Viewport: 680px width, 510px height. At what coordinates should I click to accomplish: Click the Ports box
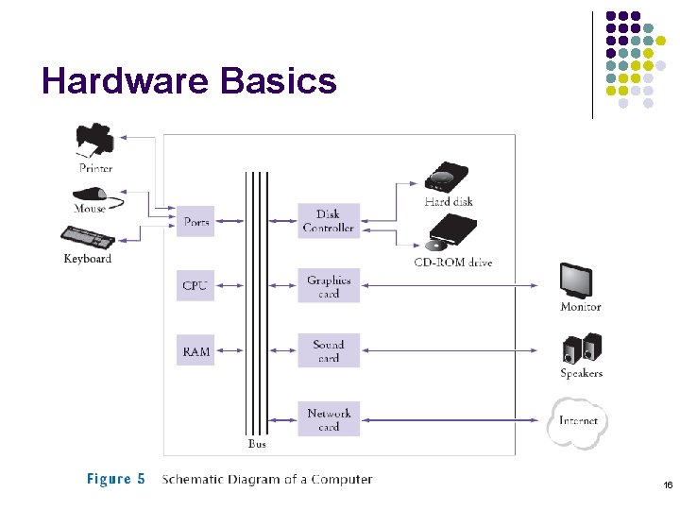(195, 221)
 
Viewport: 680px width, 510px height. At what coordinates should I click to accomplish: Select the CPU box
(195, 285)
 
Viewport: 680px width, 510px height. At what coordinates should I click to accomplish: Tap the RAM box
(195, 351)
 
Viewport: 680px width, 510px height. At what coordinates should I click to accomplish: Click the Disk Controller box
(329, 221)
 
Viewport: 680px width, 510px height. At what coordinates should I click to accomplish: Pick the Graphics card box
(329, 286)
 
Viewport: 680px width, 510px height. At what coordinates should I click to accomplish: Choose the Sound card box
(329, 351)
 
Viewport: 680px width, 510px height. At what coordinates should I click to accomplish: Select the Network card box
(329, 419)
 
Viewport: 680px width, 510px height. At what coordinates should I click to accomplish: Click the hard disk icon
(447, 177)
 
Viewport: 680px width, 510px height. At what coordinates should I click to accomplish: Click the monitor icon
(578, 280)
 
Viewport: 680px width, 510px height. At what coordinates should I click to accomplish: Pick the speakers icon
(579, 348)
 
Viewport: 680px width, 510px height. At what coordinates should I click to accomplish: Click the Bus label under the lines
(256, 444)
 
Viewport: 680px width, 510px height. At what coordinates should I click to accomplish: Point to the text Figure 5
(116, 480)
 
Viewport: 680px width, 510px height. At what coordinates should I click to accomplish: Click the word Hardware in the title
(126, 82)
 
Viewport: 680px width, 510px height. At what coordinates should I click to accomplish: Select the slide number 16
(667, 485)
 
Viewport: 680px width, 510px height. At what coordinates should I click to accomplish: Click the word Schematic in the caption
(193, 480)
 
